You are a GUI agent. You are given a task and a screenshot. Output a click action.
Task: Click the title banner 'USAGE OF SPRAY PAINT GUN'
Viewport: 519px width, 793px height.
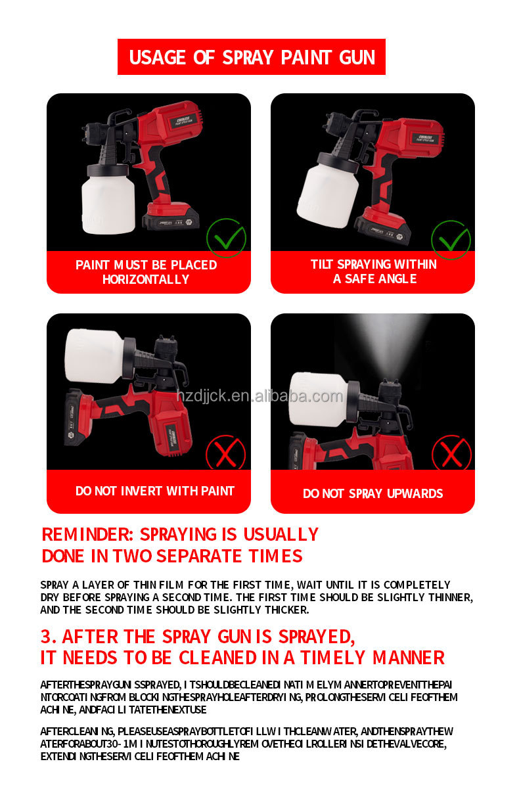[x=251, y=57]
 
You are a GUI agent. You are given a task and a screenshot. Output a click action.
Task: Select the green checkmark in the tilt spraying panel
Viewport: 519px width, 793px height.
[x=451, y=240]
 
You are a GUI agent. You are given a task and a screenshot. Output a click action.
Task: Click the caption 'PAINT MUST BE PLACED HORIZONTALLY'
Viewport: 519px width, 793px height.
[x=146, y=272]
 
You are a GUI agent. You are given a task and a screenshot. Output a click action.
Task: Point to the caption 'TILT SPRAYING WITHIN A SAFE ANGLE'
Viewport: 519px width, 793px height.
[x=373, y=271]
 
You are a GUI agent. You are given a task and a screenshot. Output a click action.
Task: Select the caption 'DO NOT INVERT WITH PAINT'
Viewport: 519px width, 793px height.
[x=154, y=491]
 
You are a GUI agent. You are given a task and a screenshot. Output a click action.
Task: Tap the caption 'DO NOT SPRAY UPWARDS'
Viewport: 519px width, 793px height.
[x=372, y=493]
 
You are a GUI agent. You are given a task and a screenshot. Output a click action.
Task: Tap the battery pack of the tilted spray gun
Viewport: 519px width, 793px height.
[x=383, y=230]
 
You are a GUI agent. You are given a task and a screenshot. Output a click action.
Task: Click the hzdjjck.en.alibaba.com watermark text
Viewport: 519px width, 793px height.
[x=259, y=396]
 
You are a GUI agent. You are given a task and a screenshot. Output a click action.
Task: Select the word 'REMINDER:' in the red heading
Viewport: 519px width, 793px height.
[x=88, y=534]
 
